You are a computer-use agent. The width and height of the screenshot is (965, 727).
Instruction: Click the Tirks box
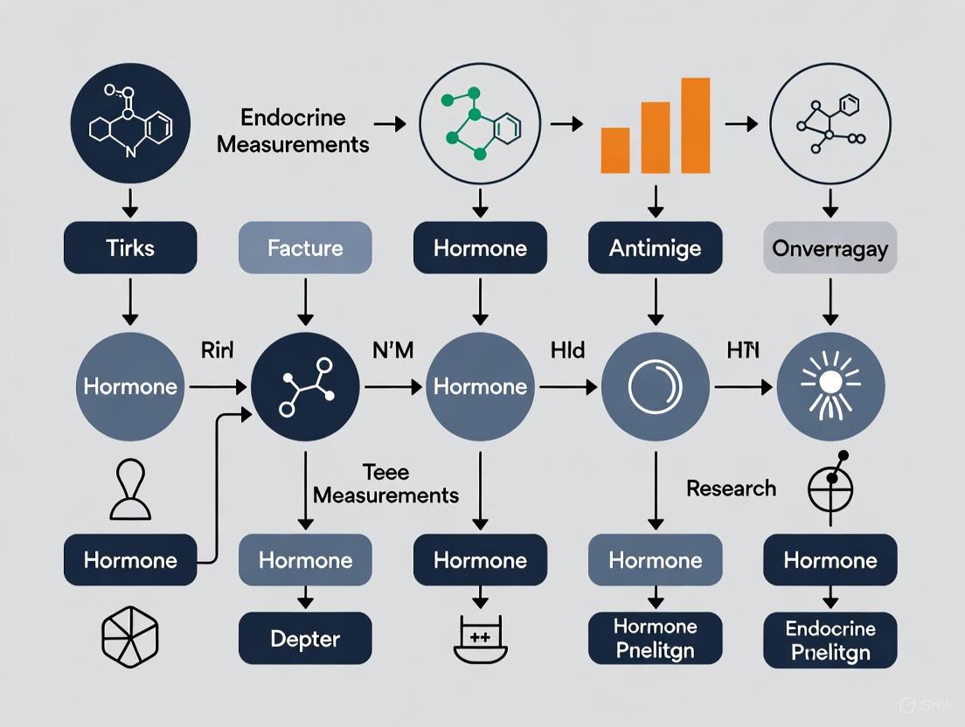129,248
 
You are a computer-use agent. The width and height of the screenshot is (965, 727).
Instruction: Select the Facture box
305,248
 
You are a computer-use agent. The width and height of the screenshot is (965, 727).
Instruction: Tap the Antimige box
655,248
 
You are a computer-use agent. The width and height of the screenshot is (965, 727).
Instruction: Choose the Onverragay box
830,248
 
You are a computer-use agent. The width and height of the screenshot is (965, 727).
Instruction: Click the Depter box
305,638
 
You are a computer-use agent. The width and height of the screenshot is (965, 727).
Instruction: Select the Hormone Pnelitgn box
655,639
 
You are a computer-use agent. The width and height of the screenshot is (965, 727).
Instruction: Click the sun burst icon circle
830,385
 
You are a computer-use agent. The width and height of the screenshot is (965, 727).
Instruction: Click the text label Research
731,488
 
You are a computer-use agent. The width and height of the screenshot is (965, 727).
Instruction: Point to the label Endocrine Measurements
293,130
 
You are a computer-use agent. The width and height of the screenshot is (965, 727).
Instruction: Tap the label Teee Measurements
385,484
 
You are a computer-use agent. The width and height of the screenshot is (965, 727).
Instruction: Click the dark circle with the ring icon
655,385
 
